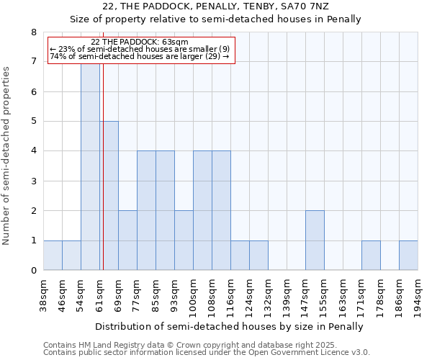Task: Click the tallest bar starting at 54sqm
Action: [90, 166]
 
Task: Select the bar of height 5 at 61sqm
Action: [109, 196]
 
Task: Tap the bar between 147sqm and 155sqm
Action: [315, 240]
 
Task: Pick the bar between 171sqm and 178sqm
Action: [371, 256]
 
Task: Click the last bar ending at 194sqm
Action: [408, 256]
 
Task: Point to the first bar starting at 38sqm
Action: [53, 256]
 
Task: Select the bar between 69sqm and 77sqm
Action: [127, 240]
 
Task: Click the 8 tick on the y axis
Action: [33, 32]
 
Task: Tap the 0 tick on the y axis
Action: [33, 271]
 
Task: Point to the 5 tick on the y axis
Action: [33, 122]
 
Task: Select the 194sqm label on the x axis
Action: [418, 294]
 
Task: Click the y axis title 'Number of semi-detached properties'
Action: [7, 156]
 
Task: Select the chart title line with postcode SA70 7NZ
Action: [215, 6]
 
